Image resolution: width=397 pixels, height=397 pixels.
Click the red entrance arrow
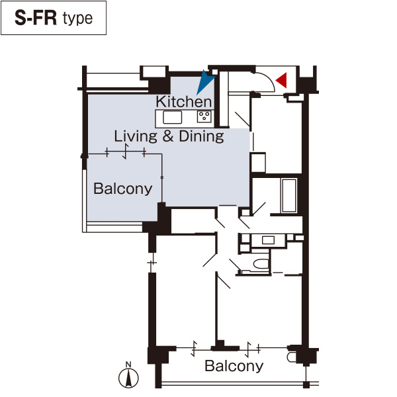click(x=283, y=80)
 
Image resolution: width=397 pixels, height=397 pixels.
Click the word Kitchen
click(x=184, y=101)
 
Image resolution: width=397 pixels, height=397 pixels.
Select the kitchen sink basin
click(x=173, y=118)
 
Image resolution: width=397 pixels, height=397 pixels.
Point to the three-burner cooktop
click(x=204, y=116)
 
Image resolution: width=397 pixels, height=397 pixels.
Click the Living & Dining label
click(x=169, y=136)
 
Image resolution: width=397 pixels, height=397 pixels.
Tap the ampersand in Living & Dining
click(x=168, y=136)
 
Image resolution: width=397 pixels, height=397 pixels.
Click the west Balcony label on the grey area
click(x=123, y=189)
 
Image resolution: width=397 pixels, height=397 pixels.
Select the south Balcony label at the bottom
click(x=234, y=366)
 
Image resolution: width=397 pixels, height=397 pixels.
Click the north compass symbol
click(x=128, y=378)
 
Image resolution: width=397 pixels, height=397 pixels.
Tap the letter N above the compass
click(x=128, y=365)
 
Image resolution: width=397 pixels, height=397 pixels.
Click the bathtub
click(x=289, y=195)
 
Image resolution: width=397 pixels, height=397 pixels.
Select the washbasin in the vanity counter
click(x=268, y=240)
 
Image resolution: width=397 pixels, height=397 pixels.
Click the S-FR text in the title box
click(x=36, y=18)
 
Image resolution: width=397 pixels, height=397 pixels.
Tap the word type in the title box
click(x=77, y=19)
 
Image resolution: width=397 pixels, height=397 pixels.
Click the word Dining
click(x=202, y=136)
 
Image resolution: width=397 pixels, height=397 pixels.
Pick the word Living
click(x=136, y=136)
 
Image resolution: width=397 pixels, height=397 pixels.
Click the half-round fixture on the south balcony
click(x=291, y=357)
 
